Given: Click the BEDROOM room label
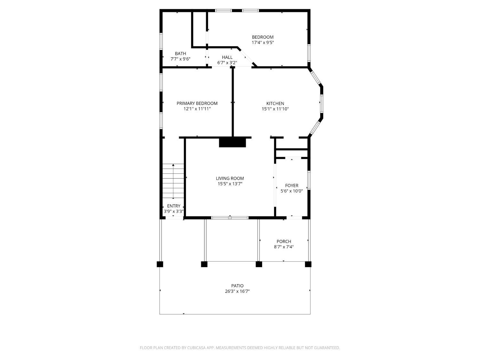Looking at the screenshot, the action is (x=263, y=37).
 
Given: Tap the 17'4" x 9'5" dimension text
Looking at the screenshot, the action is (x=263, y=43).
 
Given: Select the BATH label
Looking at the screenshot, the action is (x=180, y=53).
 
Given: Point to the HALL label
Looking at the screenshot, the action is (x=227, y=57).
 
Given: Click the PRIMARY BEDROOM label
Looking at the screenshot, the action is (x=197, y=103).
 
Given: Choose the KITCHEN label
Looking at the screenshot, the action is (x=275, y=104).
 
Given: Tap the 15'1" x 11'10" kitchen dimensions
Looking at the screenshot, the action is (x=275, y=109).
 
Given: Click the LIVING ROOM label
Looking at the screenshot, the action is (x=230, y=178).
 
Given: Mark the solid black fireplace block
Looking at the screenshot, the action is (x=232, y=143).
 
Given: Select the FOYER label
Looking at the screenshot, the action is (x=292, y=186).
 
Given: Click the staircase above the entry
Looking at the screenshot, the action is (x=173, y=181).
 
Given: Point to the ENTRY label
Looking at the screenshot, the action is (x=174, y=206).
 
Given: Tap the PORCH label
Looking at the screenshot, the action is (x=284, y=242).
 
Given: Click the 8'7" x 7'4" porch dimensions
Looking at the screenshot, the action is (x=284, y=247).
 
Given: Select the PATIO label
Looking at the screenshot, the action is (x=237, y=286).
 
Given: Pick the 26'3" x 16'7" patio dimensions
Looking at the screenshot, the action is (x=237, y=291).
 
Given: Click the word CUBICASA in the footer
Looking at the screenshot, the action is (x=196, y=348).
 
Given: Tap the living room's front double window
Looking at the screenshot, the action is (x=230, y=218).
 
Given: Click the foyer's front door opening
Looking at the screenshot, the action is (x=294, y=218).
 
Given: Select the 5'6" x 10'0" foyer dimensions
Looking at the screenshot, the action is (x=292, y=191).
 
